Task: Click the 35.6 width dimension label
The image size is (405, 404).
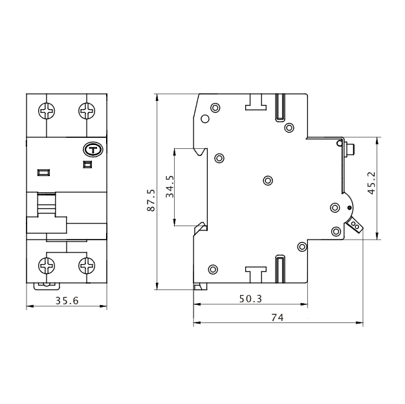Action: [x=67, y=300]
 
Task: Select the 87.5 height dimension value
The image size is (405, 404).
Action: [x=151, y=200]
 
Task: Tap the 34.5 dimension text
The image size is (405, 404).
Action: [x=170, y=186]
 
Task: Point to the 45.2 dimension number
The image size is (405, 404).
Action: [x=371, y=183]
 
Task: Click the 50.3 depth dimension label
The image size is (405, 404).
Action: [x=250, y=299]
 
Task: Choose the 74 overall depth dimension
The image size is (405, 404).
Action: [x=278, y=317]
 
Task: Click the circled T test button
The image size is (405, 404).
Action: [x=93, y=150]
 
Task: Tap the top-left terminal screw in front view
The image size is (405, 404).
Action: [x=47, y=111]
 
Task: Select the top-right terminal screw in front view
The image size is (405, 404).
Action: [x=87, y=111]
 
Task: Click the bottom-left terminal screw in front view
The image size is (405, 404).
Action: [x=47, y=265]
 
